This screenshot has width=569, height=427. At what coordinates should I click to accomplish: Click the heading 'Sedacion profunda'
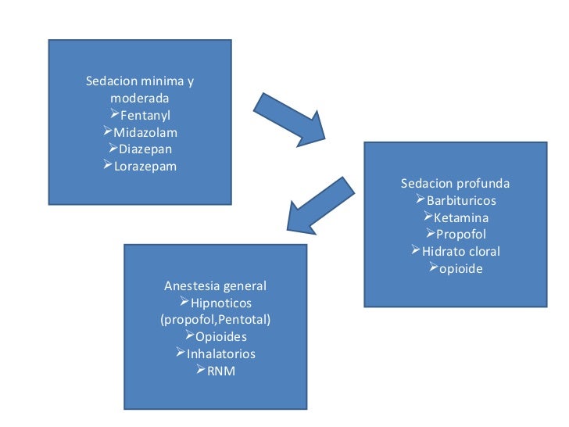point(455,184)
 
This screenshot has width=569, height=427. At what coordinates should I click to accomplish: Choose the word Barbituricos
point(461,201)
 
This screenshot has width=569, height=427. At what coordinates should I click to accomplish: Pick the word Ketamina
point(461,217)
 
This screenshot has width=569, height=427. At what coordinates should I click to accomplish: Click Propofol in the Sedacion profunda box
point(461,235)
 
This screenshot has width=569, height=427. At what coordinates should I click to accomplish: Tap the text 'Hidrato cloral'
point(461,252)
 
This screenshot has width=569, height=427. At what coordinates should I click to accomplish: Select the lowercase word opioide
point(461,268)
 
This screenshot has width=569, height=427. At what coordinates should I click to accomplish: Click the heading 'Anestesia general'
point(215,285)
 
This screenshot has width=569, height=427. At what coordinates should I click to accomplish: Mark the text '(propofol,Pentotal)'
point(215,320)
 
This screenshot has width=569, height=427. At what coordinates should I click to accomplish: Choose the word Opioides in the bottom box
point(221,337)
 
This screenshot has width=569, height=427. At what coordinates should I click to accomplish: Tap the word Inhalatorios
point(221,354)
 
